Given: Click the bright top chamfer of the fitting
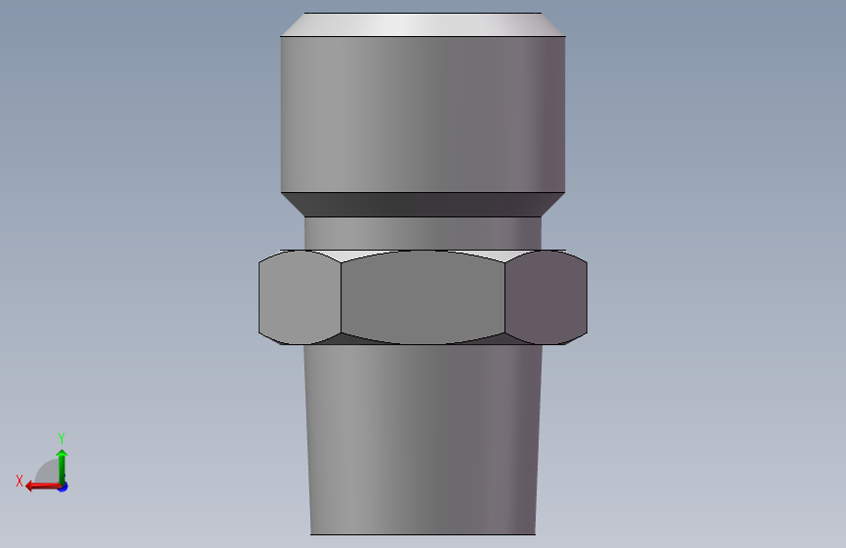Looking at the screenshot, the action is click(x=423, y=24).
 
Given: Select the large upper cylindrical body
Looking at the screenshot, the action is click(x=423, y=114).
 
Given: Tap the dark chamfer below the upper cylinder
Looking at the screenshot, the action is click(x=423, y=205).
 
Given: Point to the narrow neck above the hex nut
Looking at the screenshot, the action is click(x=423, y=233).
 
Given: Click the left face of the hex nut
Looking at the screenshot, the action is click(x=300, y=297).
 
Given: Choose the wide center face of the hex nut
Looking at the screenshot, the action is click(x=423, y=297).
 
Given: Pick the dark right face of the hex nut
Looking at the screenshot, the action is click(x=546, y=297).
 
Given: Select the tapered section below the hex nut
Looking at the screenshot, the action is click(x=423, y=440).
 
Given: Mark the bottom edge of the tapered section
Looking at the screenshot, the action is click(x=423, y=534).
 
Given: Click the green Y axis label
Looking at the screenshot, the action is click(x=61, y=438).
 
